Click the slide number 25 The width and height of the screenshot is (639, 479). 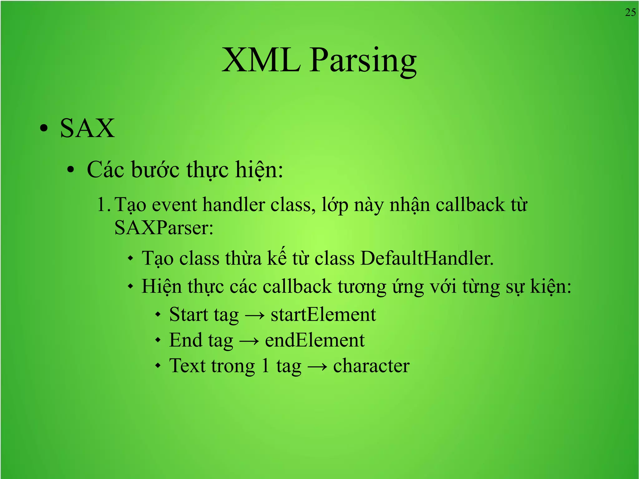630,12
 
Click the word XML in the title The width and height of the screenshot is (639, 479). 261,60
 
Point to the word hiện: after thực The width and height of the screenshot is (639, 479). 259,170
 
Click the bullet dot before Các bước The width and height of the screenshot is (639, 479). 71,170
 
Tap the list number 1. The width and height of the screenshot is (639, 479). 103,205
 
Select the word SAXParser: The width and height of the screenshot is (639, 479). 164,227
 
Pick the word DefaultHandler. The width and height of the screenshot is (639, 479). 427,258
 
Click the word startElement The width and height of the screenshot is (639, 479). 323,315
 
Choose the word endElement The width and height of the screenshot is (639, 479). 315,340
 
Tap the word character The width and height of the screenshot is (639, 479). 371,366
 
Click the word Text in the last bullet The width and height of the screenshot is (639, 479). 187,366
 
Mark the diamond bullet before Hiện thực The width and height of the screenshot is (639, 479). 131,286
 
